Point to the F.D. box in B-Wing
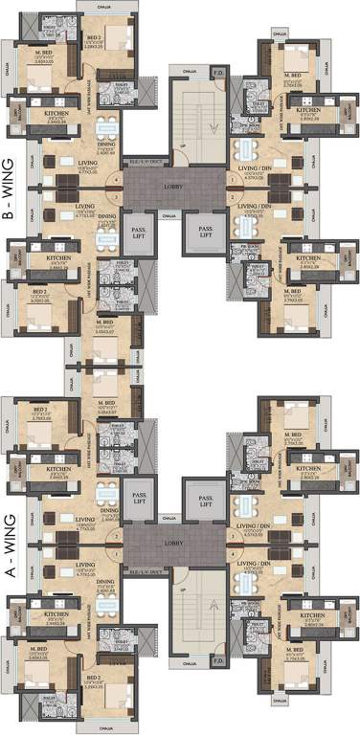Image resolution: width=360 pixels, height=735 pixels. [217, 72]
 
